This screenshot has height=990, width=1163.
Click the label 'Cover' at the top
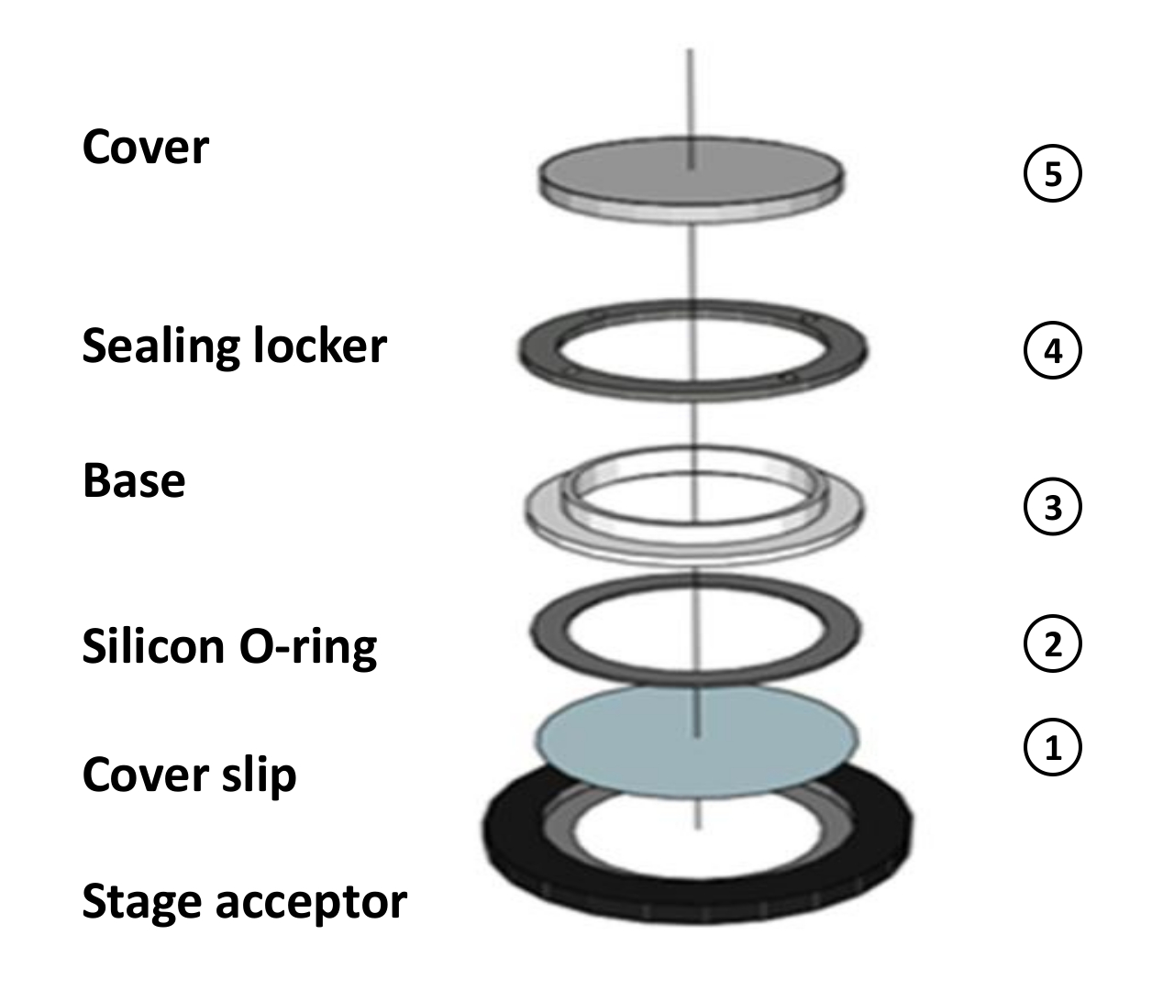145,148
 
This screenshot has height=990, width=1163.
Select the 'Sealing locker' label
234,346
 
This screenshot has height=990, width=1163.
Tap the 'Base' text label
134,480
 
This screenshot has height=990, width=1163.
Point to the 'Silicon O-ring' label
229,647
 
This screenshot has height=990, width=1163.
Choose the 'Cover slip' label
189,775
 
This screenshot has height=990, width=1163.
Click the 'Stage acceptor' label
244,902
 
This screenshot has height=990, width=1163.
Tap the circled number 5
1052,174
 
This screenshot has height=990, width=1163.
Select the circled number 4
1052,351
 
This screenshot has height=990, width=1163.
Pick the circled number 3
1052,507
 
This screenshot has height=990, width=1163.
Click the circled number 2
1052,644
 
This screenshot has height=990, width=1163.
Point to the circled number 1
1052,749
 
